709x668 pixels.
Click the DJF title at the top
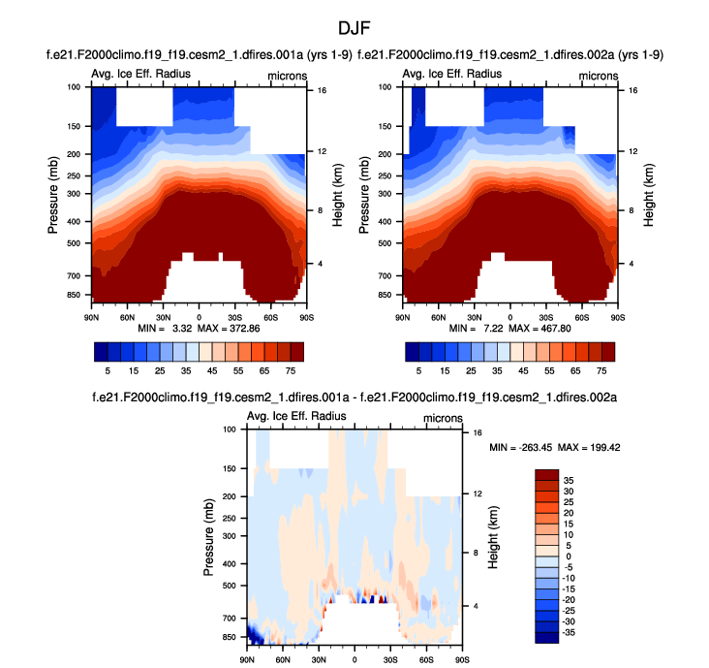click(354, 28)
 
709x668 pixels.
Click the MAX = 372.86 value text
click(231, 328)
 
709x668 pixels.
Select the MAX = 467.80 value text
click(545, 328)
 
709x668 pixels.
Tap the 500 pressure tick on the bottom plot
click(230, 586)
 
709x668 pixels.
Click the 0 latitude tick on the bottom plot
click(354, 659)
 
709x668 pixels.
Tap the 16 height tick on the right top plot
click(632, 89)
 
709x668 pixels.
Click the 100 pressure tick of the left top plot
click(74, 87)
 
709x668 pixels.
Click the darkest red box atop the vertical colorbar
click(548, 472)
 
